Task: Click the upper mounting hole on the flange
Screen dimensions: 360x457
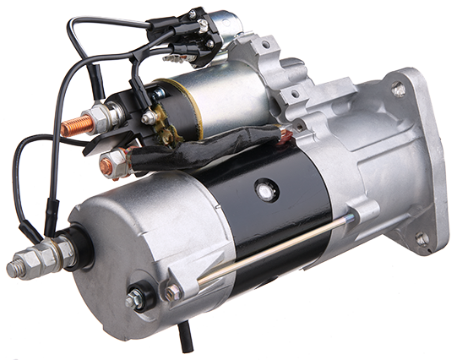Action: [398, 89]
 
